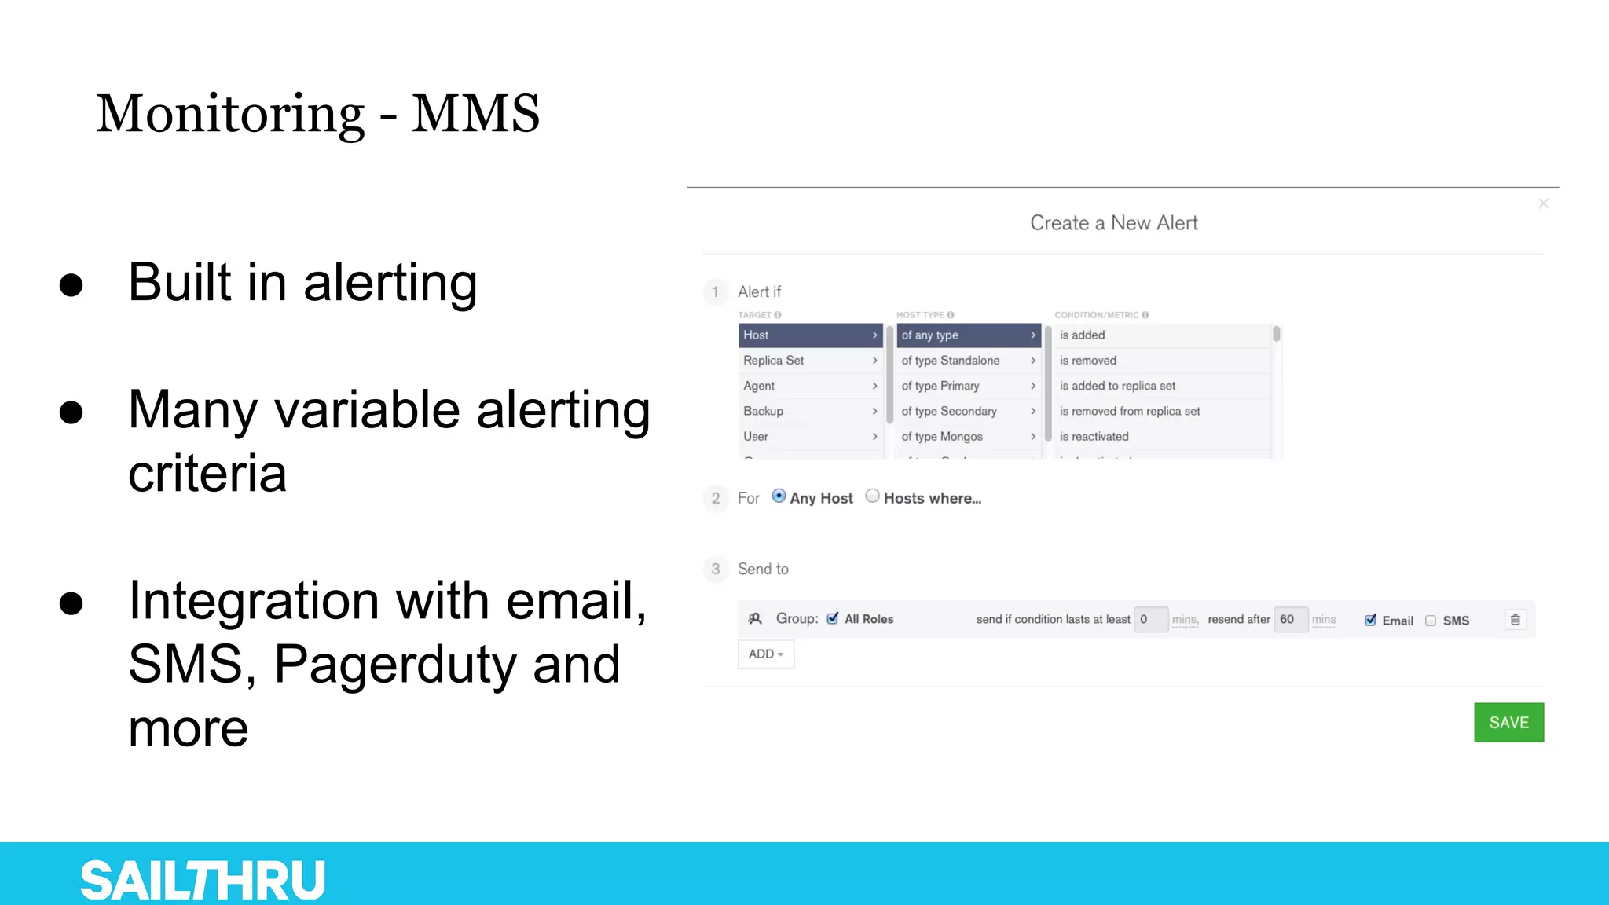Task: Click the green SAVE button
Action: pyautogui.click(x=1508, y=722)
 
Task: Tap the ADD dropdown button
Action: pyautogui.click(x=765, y=654)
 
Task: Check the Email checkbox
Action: pyautogui.click(x=1370, y=620)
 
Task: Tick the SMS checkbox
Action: pyautogui.click(x=1431, y=621)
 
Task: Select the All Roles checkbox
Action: pyautogui.click(x=833, y=618)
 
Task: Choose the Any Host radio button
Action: pyautogui.click(x=779, y=496)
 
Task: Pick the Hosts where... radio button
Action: pyautogui.click(x=872, y=496)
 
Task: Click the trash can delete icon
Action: pyautogui.click(x=1516, y=620)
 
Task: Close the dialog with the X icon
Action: pyautogui.click(x=1544, y=203)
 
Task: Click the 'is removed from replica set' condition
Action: pyautogui.click(x=1130, y=411)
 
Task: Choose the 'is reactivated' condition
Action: pyautogui.click(x=1094, y=436)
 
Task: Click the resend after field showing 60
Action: pyautogui.click(x=1290, y=619)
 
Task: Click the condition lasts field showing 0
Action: pyautogui.click(x=1150, y=619)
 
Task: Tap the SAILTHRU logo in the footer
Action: pyautogui.click(x=203, y=879)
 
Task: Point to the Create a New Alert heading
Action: pyautogui.click(x=1114, y=223)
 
